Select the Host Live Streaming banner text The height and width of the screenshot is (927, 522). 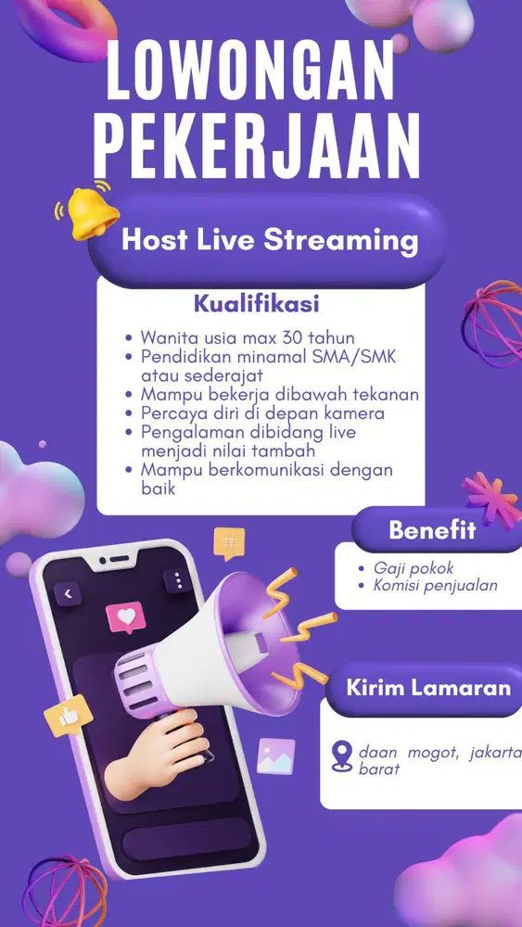pos(270,240)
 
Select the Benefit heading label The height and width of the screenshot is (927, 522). pos(432,531)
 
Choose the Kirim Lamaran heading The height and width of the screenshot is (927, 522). pos(428,688)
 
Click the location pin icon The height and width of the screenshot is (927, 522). pos(342,756)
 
